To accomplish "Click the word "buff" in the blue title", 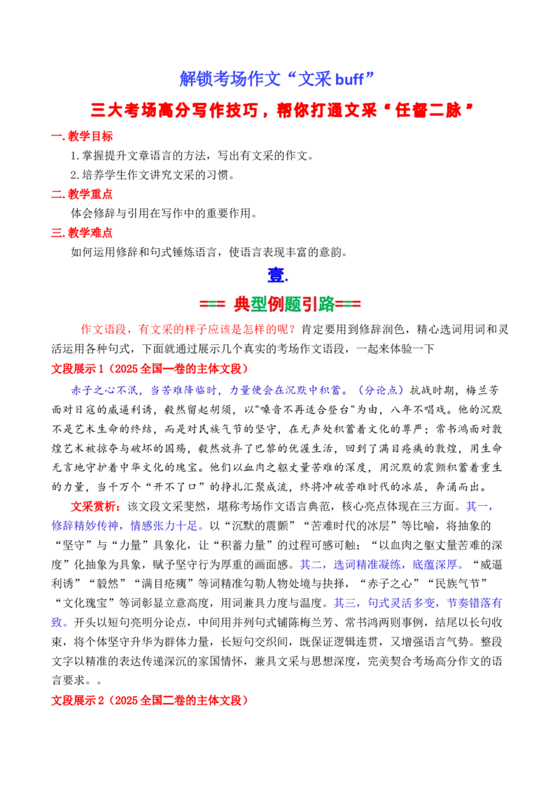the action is tap(349, 79).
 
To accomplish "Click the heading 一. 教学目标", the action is tap(82, 136).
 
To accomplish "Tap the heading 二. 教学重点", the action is tap(82, 194).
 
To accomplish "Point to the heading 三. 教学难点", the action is tap(82, 233).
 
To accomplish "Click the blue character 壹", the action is tap(276, 276).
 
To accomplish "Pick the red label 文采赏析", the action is tap(94, 506).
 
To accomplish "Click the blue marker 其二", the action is tap(311, 564).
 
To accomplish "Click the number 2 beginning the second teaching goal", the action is tap(73, 176).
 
